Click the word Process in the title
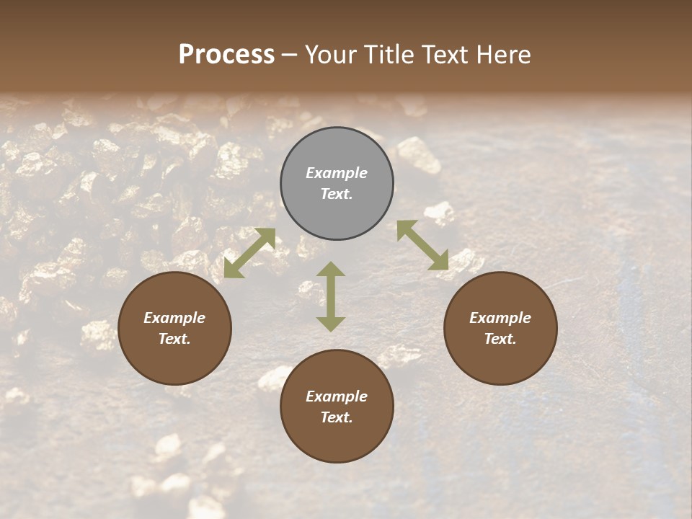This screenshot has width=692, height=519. pos(226,55)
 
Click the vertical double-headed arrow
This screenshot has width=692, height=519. pos(331,296)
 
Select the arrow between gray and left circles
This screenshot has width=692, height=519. pos(250,253)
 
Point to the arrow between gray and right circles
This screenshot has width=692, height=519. pos(422,245)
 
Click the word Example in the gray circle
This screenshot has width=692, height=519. pos(337,173)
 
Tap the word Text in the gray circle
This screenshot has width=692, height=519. pos(336,194)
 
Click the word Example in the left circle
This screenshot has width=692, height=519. pos(174,318)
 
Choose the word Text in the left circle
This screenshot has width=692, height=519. pos(174,339)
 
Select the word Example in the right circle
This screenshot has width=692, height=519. pos(500,318)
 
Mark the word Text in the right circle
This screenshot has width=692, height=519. pos(500,339)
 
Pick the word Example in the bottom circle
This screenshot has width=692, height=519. pos(337,396)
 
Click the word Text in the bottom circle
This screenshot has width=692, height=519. pos(336,417)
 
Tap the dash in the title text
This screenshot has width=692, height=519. pos(290,56)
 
